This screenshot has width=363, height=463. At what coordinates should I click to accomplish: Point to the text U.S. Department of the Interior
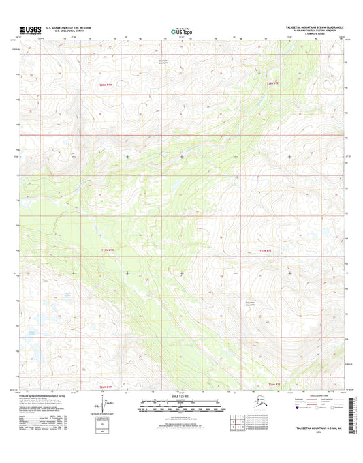[x=69, y=27]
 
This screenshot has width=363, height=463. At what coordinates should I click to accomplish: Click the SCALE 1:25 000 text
[x=180, y=396]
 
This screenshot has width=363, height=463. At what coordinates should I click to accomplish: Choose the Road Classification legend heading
[x=320, y=395]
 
